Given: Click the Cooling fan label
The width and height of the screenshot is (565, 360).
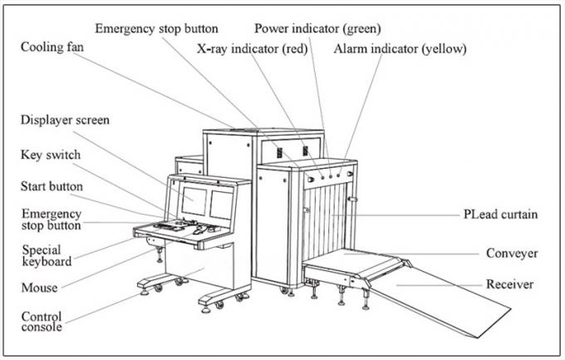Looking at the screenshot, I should (x=52, y=47).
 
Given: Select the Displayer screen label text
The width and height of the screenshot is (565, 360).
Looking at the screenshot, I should (x=65, y=120).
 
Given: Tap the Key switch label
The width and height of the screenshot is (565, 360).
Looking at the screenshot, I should (x=51, y=155).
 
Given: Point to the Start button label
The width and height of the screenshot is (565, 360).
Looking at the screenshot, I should (x=52, y=186).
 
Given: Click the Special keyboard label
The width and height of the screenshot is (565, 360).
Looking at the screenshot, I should (x=47, y=255).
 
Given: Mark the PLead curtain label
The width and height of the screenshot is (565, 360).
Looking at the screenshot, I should (x=500, y=214).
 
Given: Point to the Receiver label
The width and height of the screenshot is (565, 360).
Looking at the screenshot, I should (x=510, y=284).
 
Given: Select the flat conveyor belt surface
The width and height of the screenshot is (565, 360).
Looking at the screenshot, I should (x=352, y=265).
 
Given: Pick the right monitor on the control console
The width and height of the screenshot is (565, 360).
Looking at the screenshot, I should (x=221, y=205).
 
